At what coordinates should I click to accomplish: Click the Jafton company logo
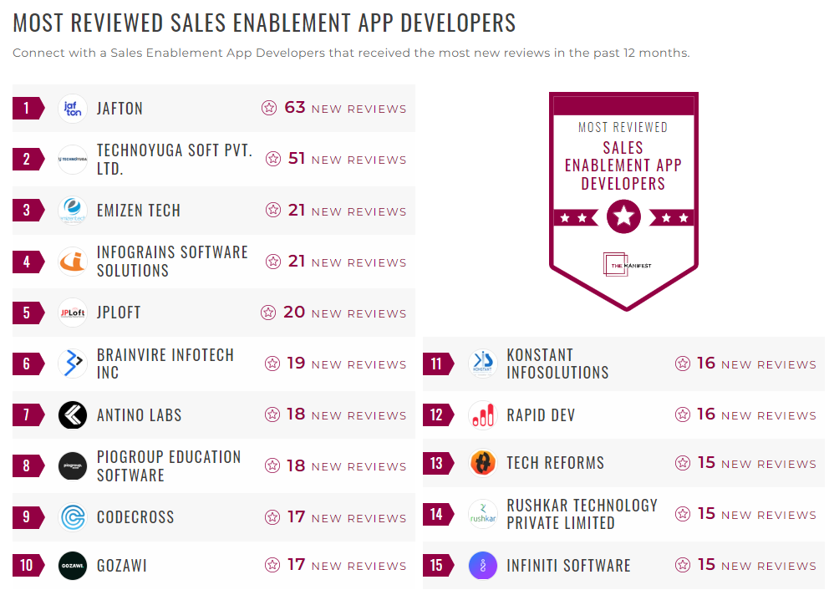coord(73,109)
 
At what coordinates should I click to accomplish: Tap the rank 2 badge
coord(27,159)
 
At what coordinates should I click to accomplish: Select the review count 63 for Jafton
coord(295,108)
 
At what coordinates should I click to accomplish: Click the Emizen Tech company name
coord(139,211)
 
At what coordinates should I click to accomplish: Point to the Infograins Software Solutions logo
coord(73,262)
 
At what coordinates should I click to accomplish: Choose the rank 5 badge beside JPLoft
coord(27,313)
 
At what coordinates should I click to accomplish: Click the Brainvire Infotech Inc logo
coord(73,364)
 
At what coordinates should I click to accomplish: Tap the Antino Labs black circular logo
coord(73,415)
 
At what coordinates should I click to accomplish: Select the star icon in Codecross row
coord(272,517)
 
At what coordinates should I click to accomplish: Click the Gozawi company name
coord(122,566)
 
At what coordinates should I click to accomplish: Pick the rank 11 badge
coord(436,364)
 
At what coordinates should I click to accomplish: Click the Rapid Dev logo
coord(482,415)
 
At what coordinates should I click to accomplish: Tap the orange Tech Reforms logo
coord(482,463)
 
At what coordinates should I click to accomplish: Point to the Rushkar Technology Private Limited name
coord(582,514)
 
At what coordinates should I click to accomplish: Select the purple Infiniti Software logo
coord(482,566)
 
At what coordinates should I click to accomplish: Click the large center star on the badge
coord(623,217)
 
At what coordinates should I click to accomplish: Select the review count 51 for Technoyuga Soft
coord(297,159)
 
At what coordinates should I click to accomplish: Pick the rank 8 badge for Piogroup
coord(27,466)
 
